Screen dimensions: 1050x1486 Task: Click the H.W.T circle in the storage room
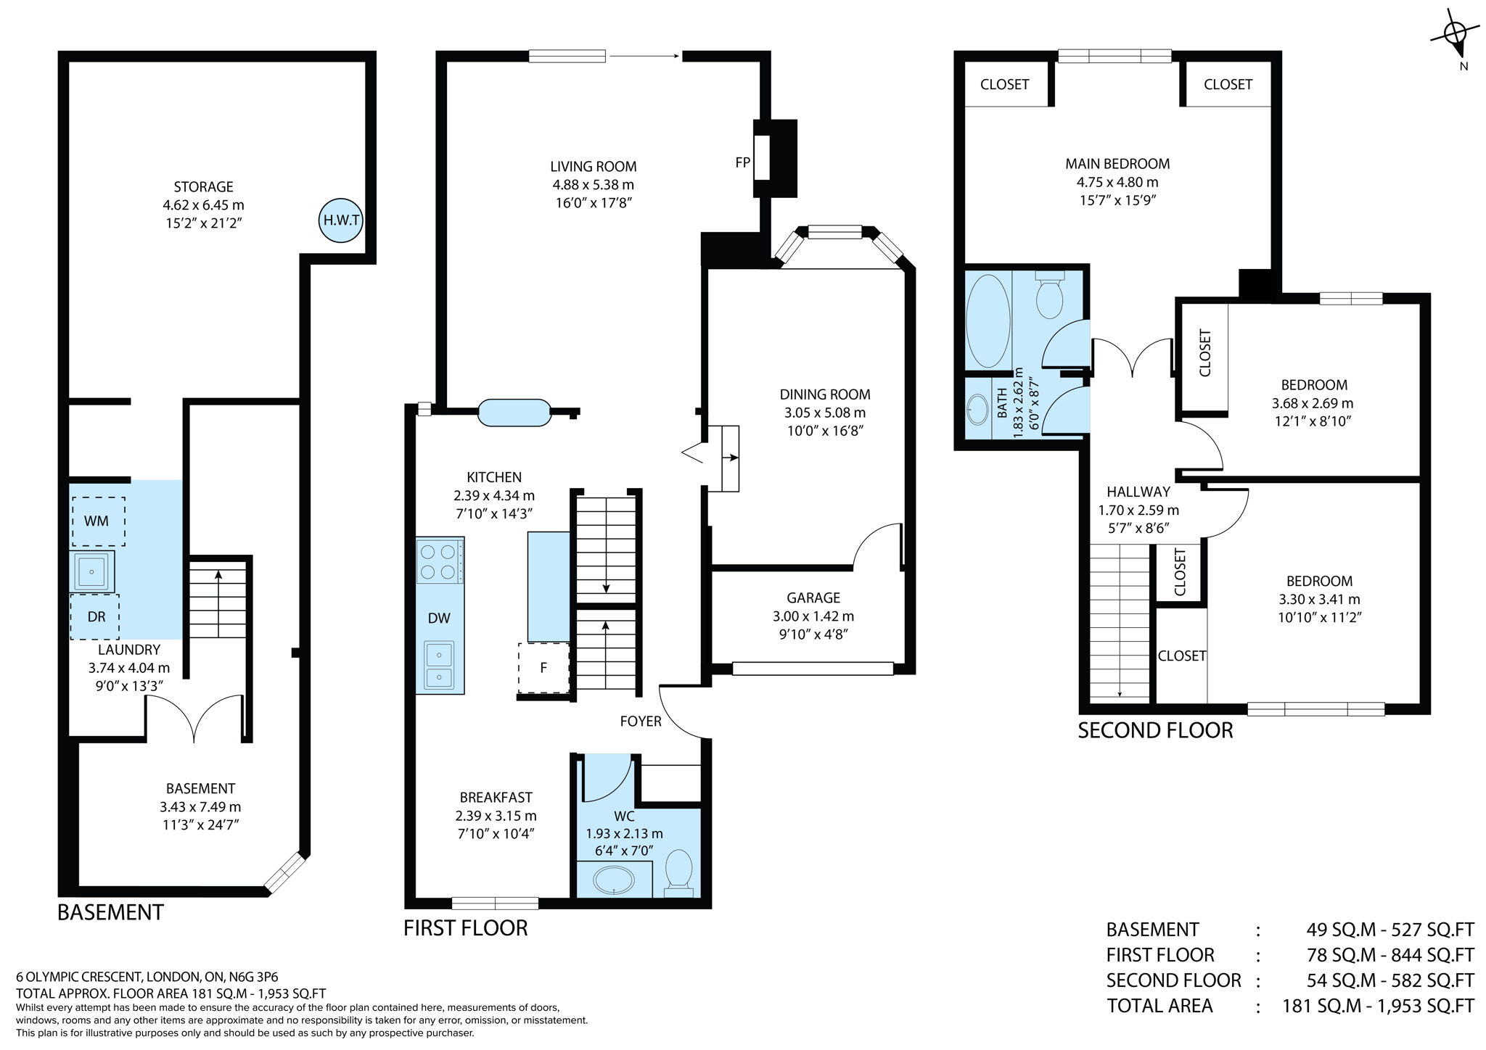[341, 220]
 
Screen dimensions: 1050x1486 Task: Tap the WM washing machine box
[97, 521]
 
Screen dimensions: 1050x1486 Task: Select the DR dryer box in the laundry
[95, 616]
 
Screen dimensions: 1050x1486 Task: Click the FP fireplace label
[742, 162]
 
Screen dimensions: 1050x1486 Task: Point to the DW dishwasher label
[439, 618]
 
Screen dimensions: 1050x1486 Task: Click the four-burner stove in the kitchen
[440, 561]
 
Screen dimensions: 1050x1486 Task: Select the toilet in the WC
[679, 870]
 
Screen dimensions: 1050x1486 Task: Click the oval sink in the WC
[614, 881]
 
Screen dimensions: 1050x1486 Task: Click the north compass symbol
[1453, 35]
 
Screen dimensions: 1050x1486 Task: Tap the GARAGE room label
[813, 598]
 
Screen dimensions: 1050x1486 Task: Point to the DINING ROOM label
[825, 394]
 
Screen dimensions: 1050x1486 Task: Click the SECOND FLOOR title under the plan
[1155, 730]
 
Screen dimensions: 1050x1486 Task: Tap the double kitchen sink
[439, 665]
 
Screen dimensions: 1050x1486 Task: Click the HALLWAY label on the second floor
[1138, 492]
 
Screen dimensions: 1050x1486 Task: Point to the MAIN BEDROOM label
[1117, 164]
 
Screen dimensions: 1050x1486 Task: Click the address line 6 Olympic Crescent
[147, 977]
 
